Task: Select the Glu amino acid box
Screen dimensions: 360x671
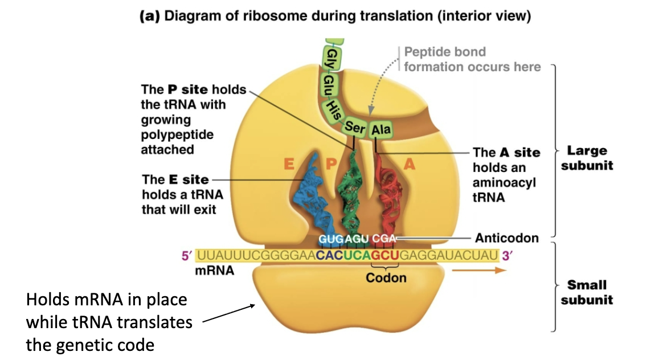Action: [x=330, y=86]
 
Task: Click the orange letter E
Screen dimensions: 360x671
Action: [x=288, y=165]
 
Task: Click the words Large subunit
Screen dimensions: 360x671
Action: [x=587, y=158]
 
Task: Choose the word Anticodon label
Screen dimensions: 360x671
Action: [x=506, y=238]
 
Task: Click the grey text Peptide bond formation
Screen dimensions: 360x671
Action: [x=472, y=59]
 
